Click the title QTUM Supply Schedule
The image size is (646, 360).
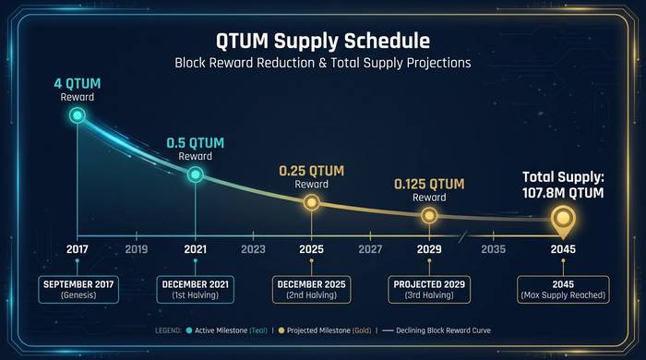tap(323, 42)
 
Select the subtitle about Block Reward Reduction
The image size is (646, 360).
tap(323, 64)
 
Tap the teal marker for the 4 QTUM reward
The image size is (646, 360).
tap(78, 115)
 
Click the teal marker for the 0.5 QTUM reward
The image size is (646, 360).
tap(195, 174)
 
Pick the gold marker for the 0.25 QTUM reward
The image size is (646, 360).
tap(312, 202)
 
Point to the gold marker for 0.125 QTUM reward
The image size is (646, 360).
tap(429, 215)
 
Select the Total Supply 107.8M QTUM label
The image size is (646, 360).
tap(563, 185)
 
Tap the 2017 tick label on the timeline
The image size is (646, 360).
tap(78, 249)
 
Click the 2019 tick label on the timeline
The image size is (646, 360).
tap(136, 249)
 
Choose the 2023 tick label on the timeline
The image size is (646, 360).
tap(253, 249)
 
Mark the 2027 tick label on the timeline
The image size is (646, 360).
tap(370, 249)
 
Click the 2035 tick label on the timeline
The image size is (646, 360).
tap(493, 249)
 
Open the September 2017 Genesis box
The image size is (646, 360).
tap(78, 289)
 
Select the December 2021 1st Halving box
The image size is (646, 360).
tap(195, 289)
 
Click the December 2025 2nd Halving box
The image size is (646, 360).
tap(312, 289)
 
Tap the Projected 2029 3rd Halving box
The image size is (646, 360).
tap(429, 289)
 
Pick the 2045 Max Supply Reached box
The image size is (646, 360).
tap(563, 289)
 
